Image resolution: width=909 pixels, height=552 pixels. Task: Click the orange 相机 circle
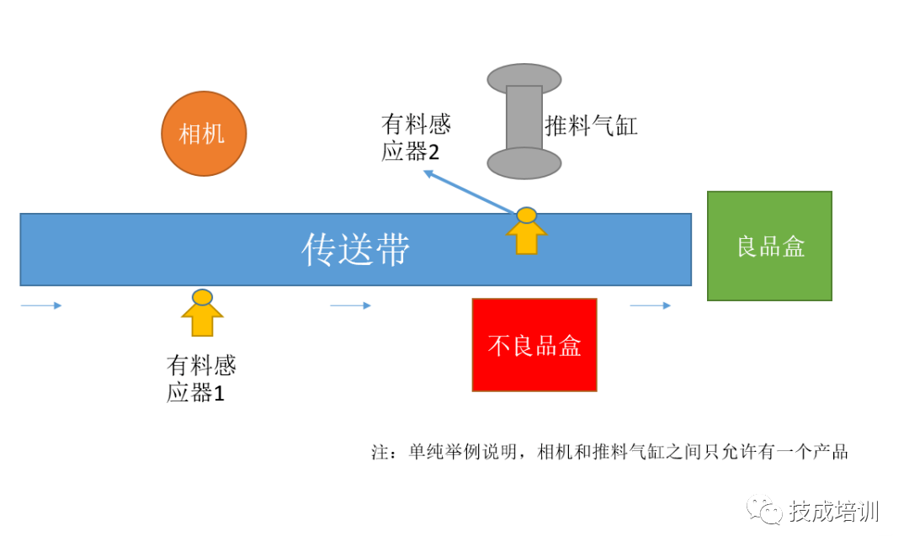204,134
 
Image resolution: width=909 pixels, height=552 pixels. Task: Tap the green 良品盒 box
769,246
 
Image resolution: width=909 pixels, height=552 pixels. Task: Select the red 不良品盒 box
534,345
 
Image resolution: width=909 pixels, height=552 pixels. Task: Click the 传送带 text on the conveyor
356,250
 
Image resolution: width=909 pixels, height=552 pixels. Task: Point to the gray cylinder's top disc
524,79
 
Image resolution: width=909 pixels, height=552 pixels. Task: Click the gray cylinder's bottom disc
524,163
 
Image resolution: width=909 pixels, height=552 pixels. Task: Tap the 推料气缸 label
591,127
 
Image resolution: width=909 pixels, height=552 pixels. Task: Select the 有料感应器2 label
416,139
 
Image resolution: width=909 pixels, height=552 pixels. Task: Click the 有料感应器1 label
201,379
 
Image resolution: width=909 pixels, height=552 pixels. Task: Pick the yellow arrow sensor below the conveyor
202,313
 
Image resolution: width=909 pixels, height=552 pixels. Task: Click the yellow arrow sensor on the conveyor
526,231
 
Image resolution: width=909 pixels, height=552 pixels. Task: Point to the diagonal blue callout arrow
470,192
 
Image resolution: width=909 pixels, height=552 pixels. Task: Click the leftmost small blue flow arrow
41,305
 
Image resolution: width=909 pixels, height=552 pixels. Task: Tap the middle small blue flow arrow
350,305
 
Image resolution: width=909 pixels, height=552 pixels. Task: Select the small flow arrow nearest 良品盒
650,305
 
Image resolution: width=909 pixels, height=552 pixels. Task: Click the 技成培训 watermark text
833,512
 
